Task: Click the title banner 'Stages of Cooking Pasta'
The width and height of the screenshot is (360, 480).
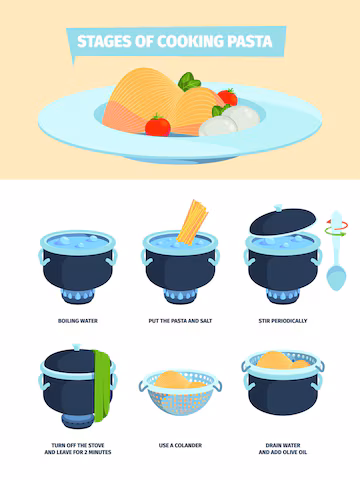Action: click(x=176, y=42)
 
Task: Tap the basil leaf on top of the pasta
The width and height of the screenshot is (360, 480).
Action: click(x=189, y=82)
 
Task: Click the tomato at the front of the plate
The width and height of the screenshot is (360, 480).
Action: click(x=158, y=126)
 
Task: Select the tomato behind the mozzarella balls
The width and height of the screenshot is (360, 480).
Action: click(x=228, y=97)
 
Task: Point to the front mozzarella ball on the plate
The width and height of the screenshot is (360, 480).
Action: click(x=218, y=126)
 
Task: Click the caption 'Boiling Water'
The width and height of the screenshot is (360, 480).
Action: click(x=78, y=321)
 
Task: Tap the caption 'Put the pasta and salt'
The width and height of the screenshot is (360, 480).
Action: click(x=180, y=321)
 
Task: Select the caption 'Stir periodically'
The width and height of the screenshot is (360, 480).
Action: click(x=283, y=321)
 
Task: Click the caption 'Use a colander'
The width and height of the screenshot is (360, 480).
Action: click(x=180, y=445)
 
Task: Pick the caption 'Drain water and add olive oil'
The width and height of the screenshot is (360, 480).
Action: click(x=283, y=449)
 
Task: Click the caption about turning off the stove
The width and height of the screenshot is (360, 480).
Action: click(x=78, y=449)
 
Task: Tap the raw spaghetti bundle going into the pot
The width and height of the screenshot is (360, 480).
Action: click(x=192, y=223)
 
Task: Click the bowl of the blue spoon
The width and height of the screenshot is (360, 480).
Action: click(x=336, y=277)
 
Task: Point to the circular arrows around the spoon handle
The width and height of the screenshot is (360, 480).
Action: click(x=337, y=228)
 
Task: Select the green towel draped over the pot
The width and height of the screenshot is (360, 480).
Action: click(x=102, y=386)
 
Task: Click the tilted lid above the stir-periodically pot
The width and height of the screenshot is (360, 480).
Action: click(x=283, y=220)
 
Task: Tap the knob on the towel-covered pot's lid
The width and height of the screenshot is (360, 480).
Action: click(x=77, y=347)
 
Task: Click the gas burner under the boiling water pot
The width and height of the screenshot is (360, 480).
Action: click(x=78, y=296)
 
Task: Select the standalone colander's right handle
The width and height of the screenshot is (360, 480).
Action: click(x=217, y=386)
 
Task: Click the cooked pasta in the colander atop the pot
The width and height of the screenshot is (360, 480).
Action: click(x=283, y=361)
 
